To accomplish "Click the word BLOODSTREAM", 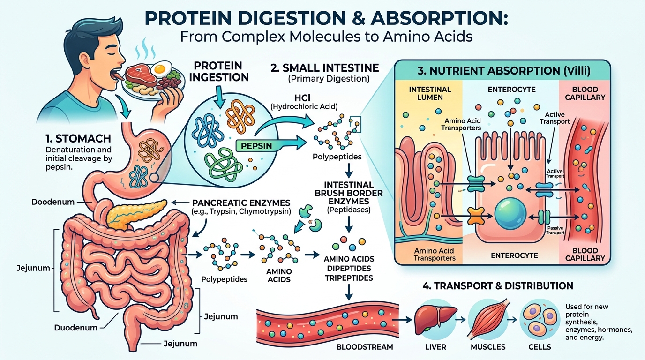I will [x=365, y=347].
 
